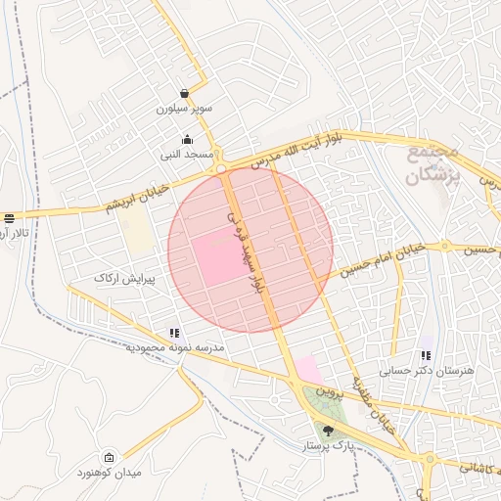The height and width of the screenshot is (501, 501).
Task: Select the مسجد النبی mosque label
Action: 183,155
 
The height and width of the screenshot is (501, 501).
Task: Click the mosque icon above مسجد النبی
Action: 187,138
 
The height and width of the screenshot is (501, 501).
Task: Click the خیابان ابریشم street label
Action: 137,196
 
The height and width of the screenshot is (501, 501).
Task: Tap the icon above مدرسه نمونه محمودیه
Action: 174,333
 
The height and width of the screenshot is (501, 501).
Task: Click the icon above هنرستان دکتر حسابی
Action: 426,355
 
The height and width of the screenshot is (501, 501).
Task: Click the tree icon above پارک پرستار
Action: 328,431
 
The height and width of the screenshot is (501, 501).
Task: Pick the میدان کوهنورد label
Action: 136,473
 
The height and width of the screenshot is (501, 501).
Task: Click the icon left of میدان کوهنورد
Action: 109,457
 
